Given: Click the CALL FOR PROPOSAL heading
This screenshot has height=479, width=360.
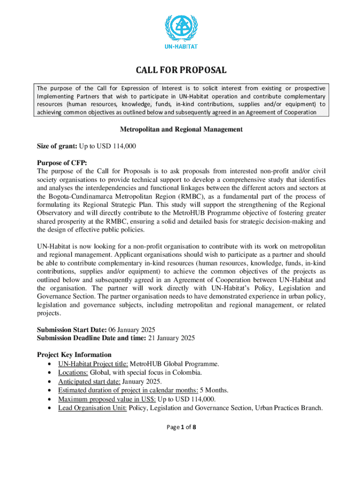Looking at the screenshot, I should click(181, 71).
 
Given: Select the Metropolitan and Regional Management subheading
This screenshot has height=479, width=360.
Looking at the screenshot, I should click(181, 130).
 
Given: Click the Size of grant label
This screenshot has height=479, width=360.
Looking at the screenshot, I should click(57, 146).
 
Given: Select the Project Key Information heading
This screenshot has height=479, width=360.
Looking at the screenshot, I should click(74, 355).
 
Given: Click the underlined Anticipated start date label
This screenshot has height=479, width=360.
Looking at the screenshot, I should click(89, 381).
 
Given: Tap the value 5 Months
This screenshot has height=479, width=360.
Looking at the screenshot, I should click(215, 390).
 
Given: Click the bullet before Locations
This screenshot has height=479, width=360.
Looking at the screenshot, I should click(50, 373).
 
